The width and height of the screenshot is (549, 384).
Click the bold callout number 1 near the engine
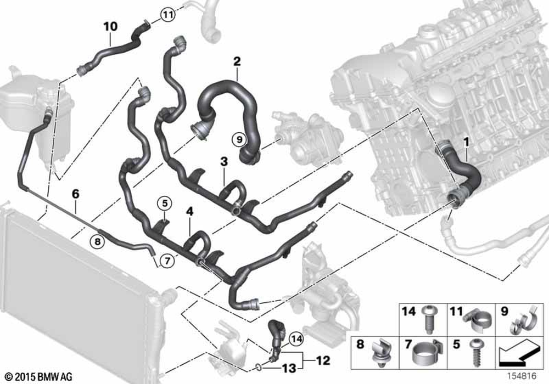tap(466, 142)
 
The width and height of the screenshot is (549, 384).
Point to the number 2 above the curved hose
tap(237, 61)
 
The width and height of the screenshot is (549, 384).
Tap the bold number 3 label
tap(224, 162)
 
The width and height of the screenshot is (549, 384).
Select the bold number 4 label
tap(190, 211)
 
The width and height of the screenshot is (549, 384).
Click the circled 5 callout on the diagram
tap(165, 203)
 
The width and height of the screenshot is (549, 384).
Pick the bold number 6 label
tap(76, 194)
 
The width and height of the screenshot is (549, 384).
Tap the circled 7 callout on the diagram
tap(167, 261)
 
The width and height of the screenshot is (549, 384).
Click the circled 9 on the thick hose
tap(239, 139)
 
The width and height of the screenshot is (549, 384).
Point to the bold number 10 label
tap(111, 26)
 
